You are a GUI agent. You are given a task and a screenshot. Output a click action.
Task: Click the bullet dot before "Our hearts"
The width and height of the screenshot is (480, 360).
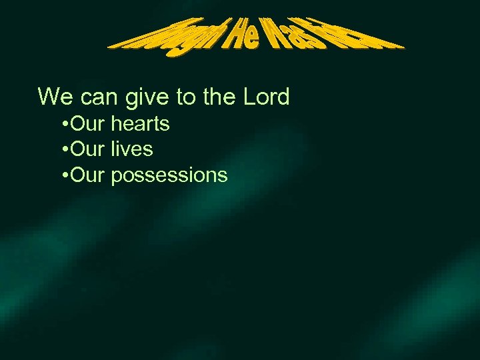point(63,124)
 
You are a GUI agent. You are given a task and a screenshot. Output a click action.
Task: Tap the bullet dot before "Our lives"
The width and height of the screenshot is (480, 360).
point(63,149)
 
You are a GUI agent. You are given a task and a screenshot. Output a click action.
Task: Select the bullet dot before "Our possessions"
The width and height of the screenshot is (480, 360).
point(63,175)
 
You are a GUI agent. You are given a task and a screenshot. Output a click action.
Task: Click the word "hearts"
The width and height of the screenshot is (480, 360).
point(141,124)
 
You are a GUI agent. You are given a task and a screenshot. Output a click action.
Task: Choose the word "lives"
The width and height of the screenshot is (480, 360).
point(132,149)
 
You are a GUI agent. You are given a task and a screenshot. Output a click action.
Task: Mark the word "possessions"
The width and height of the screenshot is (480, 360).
point(169,176)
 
